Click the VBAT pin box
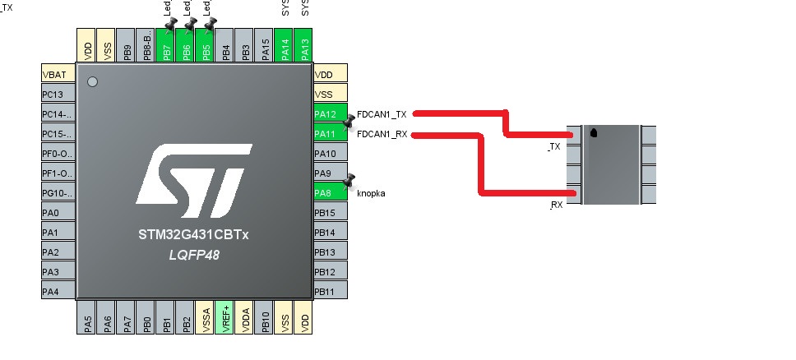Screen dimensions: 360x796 pos(58,74)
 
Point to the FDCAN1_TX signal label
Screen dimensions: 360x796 pos(382,114)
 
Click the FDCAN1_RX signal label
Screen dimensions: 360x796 pos(382,134)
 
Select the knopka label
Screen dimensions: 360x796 pos(371,193)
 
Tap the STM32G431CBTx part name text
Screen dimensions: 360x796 pos(193,236)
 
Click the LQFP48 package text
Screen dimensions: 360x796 pos(193,256)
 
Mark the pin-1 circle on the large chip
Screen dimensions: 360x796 pos(92,82)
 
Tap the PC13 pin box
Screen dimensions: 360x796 pos(58,94)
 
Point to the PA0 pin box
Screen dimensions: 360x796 pos(58,213)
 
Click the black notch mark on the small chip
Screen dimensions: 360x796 pos(594,132)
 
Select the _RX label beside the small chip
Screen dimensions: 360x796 pos(556,205)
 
